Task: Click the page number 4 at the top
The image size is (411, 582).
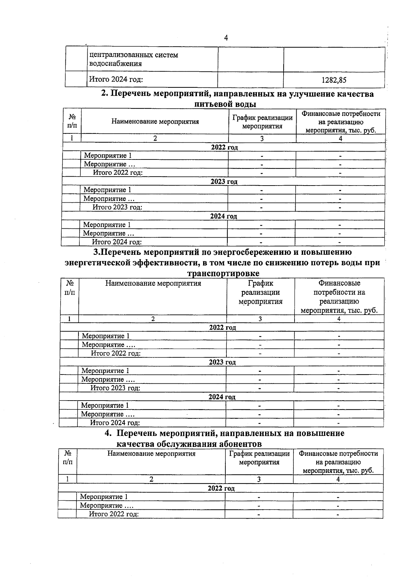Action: [226, 38]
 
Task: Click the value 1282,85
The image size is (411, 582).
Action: [334, 80]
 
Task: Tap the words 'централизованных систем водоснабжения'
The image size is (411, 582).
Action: [134, 59]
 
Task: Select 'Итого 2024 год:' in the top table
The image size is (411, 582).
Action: [116, 80]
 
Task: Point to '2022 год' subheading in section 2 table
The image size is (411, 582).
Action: [224, 147]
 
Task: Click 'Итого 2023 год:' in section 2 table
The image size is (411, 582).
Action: [117, 207]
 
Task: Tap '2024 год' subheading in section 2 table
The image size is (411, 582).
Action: [224, 216]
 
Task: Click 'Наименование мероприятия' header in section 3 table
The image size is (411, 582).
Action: [153, 283]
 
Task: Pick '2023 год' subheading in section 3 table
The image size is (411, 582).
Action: [222, 362]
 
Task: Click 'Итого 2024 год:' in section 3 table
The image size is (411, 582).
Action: [115, 423]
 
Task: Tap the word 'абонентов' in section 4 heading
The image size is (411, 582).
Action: [240, 444]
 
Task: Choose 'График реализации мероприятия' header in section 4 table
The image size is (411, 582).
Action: [259, 458]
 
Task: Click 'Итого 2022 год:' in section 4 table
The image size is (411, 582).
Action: [114, 514]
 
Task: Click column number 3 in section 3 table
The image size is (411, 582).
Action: [260, 319]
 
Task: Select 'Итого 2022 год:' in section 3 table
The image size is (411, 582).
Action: [116, 353]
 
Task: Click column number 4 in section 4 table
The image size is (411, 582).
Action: [338, 479]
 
